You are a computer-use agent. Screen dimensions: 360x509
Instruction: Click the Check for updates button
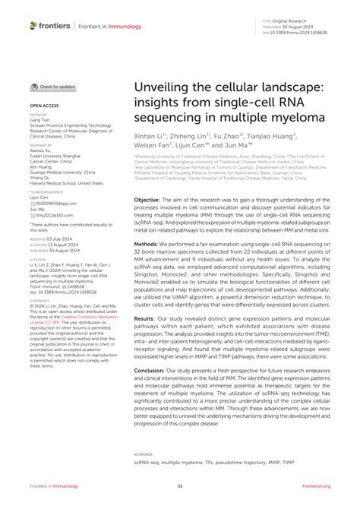[52, 87]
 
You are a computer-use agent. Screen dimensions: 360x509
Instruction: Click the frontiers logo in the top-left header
[50, 25]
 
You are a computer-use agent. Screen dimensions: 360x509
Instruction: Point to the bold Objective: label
[147, 198]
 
